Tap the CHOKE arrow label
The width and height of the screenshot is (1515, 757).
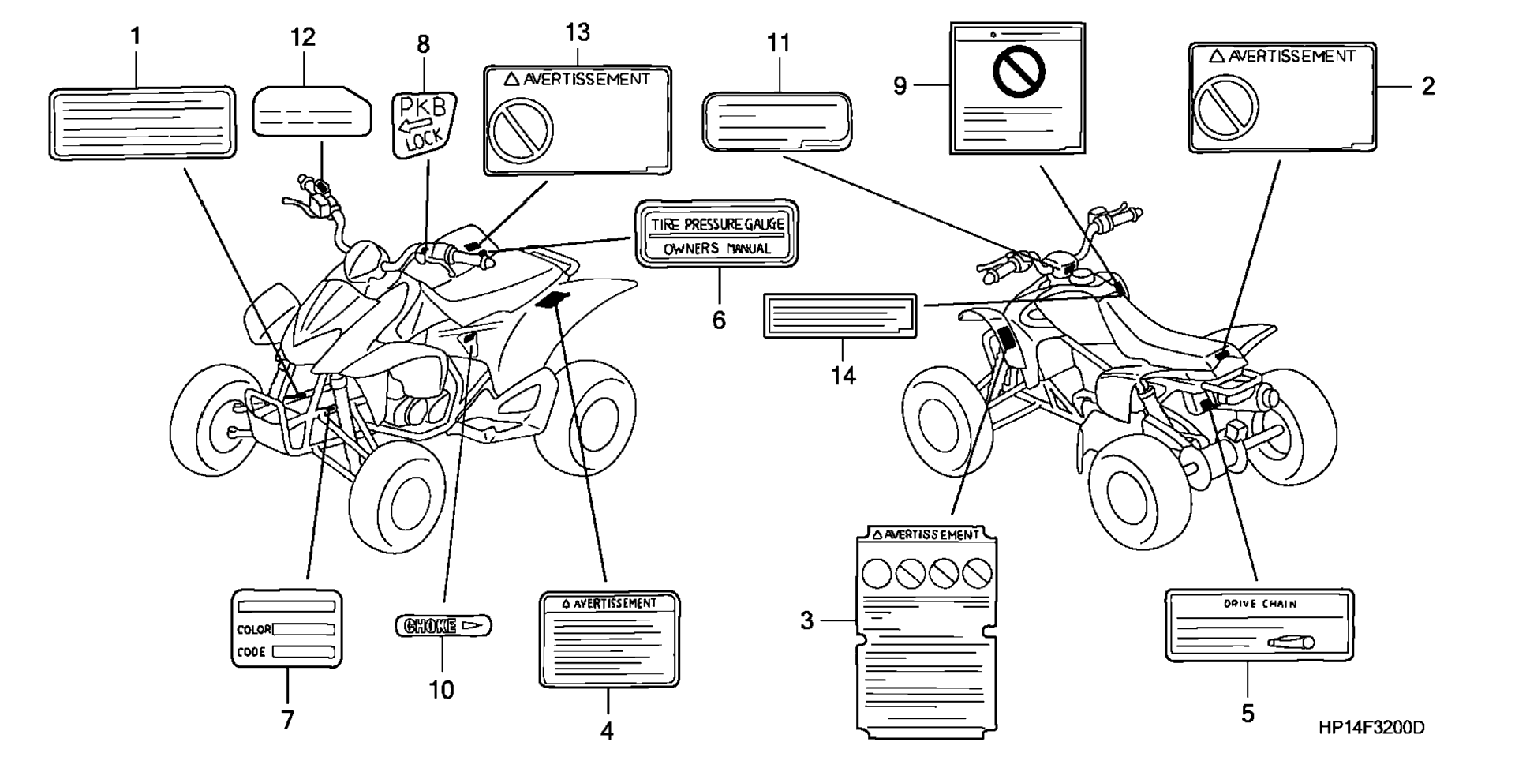point(443,626)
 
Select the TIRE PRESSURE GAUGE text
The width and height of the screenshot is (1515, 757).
point(716,225)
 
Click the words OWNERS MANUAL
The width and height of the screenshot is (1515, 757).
point(716,249)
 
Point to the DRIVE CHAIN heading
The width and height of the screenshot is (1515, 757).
point(1260,604)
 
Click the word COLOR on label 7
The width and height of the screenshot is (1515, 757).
point(253,630)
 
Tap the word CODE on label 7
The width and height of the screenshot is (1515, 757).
point(251,652)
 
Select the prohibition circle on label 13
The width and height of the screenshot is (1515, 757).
point(521,129)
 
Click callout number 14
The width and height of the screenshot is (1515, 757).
point(843,376)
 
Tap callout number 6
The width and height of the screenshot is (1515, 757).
point(719,320)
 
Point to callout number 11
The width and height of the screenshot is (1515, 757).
point(778,43)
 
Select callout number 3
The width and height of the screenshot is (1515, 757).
point(806,620)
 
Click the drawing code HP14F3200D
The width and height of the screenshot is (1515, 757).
point(1371,727)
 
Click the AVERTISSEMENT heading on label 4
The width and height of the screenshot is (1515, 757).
point(608,604)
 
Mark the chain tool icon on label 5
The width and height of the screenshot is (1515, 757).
point(1291,643)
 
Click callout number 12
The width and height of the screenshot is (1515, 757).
point(302,36)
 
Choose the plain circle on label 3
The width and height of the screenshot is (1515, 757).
point(877,573)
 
